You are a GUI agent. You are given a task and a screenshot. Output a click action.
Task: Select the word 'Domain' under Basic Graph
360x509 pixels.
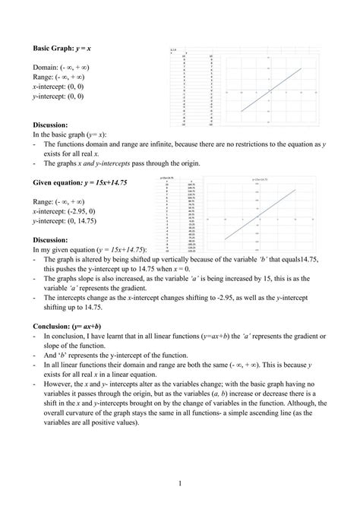pos(46,66)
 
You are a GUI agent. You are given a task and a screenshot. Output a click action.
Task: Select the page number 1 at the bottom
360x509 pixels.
pos(179,482)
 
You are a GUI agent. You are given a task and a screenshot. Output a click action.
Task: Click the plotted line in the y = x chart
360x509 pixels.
pos(272,90)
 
